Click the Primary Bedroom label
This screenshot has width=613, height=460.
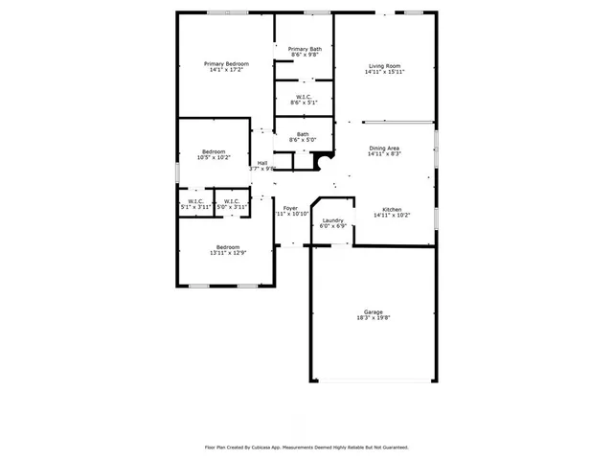(226, 64)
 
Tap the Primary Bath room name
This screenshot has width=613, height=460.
(305, 49)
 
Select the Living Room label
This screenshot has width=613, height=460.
(384, 66)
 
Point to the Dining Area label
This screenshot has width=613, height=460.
(384, 148)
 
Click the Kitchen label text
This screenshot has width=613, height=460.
(393, 209)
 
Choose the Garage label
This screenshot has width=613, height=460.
(373, 312)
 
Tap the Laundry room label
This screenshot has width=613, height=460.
(333, 220)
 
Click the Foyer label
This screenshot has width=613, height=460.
(290, 208)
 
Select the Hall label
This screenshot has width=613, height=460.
(261, 163)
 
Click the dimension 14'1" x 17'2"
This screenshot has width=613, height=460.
(226, 70)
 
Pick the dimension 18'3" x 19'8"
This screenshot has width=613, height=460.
(373, 318)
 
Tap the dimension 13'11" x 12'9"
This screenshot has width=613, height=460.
(228, 252)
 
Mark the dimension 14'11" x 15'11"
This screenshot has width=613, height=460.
(384, 72)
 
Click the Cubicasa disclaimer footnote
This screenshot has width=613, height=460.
(306, 447)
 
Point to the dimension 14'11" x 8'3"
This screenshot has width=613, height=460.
(384, 153)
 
